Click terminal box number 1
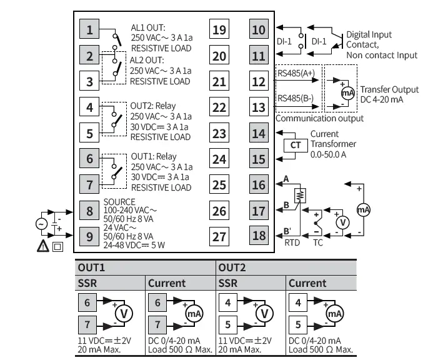90,30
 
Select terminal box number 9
90,236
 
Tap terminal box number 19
219,30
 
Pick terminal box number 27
219,236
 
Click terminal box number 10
258,30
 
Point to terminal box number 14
258,133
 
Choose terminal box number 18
258,236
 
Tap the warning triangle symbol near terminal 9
43,246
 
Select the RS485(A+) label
296,73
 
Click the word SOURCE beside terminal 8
119,201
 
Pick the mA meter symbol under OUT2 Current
335,313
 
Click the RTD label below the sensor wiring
292,241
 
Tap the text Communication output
319,118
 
